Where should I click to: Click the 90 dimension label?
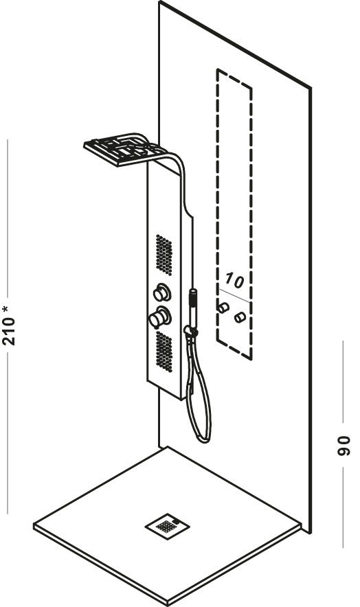[344, 446]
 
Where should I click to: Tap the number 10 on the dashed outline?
[234, 280]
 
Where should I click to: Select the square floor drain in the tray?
[167, 525]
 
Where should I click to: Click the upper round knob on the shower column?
[162, 293]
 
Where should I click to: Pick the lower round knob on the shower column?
[159, 317]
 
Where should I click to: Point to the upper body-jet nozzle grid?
[164, 255]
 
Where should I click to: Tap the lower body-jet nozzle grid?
[164, 352]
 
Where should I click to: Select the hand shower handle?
[193, 308]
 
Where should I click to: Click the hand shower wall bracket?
[191, 332]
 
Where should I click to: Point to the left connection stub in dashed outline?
[223, 308]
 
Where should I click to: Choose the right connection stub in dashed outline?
[240, 317]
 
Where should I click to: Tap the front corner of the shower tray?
[168, 603]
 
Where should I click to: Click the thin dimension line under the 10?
[234, 295]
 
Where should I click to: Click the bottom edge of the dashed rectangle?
[234, 350]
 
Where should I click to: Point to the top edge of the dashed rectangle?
[234, 78]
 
